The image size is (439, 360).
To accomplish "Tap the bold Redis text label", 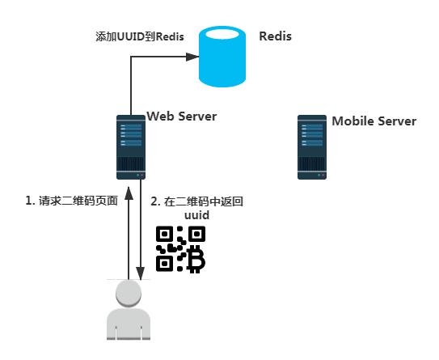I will pos(275,36).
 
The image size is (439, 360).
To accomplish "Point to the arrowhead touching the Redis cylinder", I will pos(193,57).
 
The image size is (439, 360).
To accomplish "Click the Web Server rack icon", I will pos(130,146).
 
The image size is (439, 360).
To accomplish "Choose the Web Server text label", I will pos(181,116).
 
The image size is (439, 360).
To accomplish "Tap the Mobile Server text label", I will pos(374,121).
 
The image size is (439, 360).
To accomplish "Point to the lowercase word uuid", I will pos(197,216).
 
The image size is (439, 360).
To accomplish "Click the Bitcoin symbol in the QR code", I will pos(195,259).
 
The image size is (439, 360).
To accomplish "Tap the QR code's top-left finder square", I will pos(166,235).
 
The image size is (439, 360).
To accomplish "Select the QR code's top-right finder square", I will pos(196,235).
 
